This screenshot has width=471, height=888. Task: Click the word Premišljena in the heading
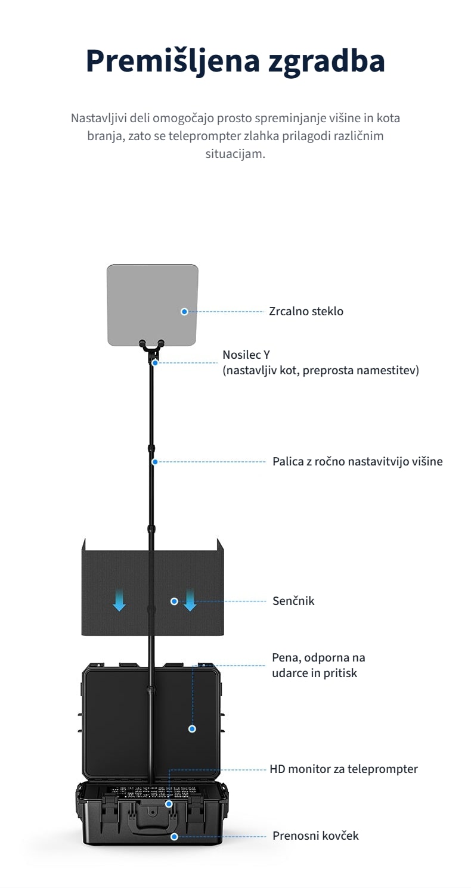pyautogui.click(x=173, y=61)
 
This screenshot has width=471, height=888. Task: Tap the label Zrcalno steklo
pyautogui.click(x=306, y=311)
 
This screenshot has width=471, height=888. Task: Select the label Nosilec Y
pyautogui.click(x=246, y=355)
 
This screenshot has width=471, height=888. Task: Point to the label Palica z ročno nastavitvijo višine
pyautogui.click(x=358, y=461)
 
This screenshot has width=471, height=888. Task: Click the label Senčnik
pyautogui.click(x=293, y=601)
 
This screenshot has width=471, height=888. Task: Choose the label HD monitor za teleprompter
pyautogui.click(x=344, y=769)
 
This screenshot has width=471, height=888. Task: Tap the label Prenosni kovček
pyautogui.click(x=315, y=836)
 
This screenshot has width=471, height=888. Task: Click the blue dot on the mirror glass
pyautogui.click(x=184, y=312)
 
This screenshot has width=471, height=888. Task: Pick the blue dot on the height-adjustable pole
pyautogui.click(x=155, y=462)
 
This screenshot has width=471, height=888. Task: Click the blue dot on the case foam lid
pyautogui.click(x=193, y=729)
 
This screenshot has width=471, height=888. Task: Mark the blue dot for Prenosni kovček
pyautogui.click(x=174, y=837)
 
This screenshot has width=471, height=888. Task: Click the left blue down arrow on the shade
pyautogui.click(x=119, y=600)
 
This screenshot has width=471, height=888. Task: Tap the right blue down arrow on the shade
pyautogui.click(x=190, y=600)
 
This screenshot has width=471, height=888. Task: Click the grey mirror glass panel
pyautogui.click(x=153, y=305)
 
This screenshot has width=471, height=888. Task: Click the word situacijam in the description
pyautogui.click(x=235, y=154)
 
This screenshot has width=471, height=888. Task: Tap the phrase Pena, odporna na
pyautogui.click(x=318, y=658)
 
